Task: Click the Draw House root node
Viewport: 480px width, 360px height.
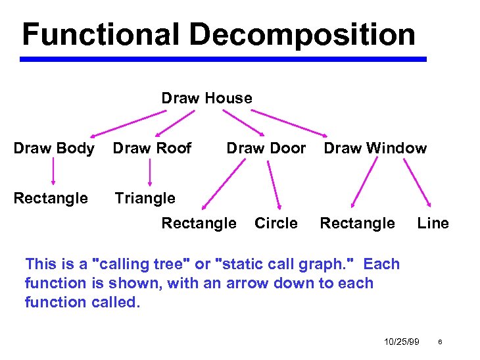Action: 206,98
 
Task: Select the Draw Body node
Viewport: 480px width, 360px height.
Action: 53,148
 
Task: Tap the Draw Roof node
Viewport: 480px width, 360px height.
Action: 152,148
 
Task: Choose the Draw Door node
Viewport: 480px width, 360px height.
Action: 266,148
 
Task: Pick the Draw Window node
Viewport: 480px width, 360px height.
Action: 375,148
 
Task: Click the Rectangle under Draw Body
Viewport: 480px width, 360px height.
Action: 51,198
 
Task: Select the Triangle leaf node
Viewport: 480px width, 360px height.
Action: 145,198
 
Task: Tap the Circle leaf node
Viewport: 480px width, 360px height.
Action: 276,223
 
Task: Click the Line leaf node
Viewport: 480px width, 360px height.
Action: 433,223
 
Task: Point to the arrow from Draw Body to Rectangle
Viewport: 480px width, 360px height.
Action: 53,173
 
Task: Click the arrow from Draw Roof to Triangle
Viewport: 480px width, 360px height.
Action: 150,173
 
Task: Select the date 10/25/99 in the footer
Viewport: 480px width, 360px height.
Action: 401,342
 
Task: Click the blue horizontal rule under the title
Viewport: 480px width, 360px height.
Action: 223,59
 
